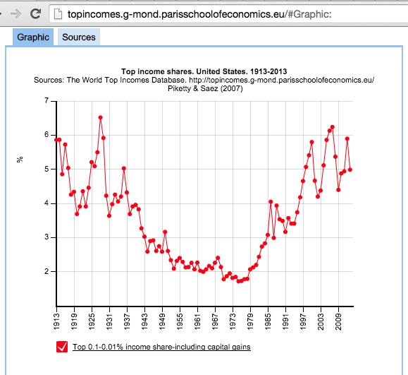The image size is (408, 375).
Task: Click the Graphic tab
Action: pyautogui.click(x=33, y=37)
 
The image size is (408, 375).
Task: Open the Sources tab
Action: pyautogui.click(x=79, y=37)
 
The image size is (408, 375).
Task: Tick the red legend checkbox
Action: pyautogui.click(x=62, y=347)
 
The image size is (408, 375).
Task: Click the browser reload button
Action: pyautogui.click(x=35, y=13)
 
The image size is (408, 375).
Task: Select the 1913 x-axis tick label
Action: pyautogui.click(x=56, y=321)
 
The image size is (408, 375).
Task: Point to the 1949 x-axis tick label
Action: pyautogui.click(x=162, y=321)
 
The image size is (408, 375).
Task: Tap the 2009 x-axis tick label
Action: pyautogui.click(x=338, y=321)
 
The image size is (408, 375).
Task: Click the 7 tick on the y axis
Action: pyautogui.click(x=47, y=101)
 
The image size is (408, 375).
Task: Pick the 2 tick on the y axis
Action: pyautogui.click(x=47, y=271)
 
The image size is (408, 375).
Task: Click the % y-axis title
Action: pyautogui.click(x=20, y=160)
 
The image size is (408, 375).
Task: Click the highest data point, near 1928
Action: pyautogui.click(x=101, y=118)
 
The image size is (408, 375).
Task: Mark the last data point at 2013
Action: pyautogui.click(x=350, y=169)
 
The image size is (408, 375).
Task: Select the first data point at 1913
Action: pyautogui.click(x=56, y=140)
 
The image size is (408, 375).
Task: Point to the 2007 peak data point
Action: pyautogui.click(x=333, y=127)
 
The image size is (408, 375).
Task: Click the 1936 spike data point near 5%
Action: pyautogui.click(x=124, y=169)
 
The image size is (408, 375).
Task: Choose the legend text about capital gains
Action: pyautogui.click(x=161, y=347)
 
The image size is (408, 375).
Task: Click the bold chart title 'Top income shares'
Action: pyautogui.click(x=204, y=71)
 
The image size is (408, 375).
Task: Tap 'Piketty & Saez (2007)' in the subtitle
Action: pyautogui.click(x=205, y=88)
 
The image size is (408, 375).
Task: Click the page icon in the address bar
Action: pyautogui.click(x=58, y=14)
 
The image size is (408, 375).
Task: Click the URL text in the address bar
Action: pyautogui.click(x=199, y=14)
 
